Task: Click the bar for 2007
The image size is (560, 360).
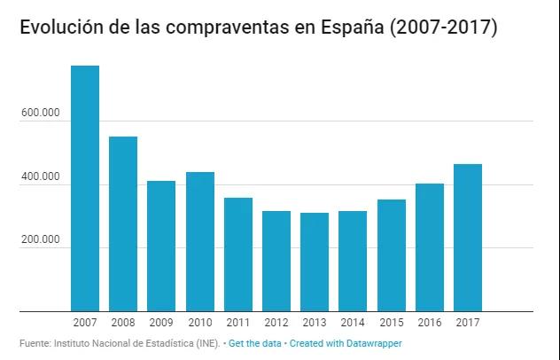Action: pyautogui.click(x=85, y=188)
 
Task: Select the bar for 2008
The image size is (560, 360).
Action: pyautogui.click(x=123, y=223)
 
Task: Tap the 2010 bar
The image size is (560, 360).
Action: pyautogui.click(x=199, y=241)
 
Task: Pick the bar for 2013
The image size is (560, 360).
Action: pyautogui.click(x=314, y=262)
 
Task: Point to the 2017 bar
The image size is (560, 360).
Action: pyautogui.click(x=467, y=238)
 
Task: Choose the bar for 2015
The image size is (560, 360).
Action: pyautogui.click(x=391, y=255)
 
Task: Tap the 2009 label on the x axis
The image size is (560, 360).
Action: pyautogui.click(x=161, y=323)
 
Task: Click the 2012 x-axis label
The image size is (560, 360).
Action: pyautogui.click(x=276, y=323)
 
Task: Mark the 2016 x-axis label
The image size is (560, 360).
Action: pyautogui.click(x=429, y=323)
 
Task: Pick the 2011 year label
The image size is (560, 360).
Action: pyautogui.click(x=237, y=323)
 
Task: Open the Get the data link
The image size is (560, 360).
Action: pyautogui.click(x=253, y=342)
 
